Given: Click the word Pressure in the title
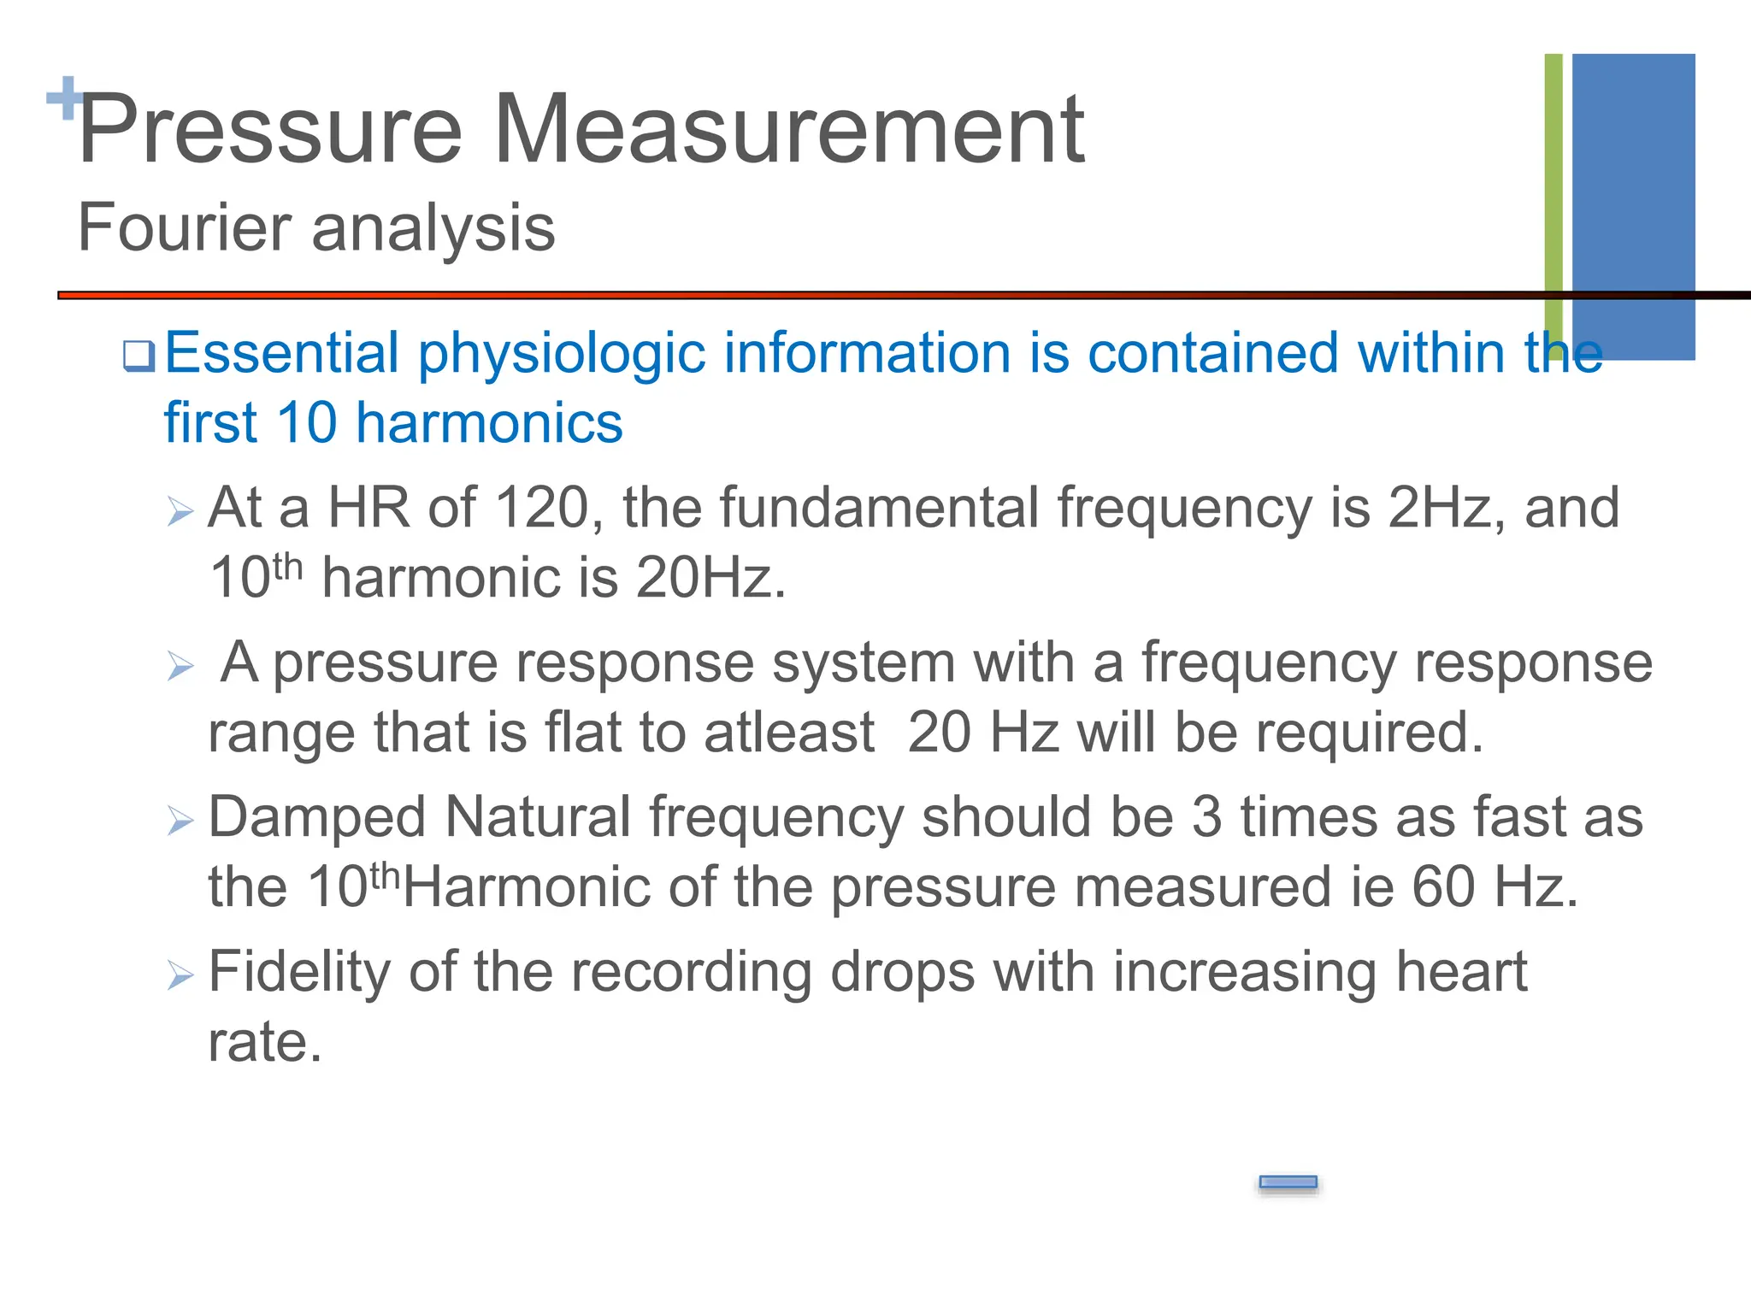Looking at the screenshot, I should pyautogui.click(x=270, y=130).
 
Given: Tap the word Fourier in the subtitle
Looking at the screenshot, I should pyautogui.click(x=185, y=228).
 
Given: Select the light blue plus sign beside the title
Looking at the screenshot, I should pyautogui.click(x=63, y=98).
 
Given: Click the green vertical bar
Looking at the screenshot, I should pyautogui.click(x=1553, y=197).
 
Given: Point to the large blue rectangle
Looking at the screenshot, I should pyautogui.click(x=1633, y=205).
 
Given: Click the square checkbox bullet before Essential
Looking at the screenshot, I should pyautogui.click(x=139, y=356).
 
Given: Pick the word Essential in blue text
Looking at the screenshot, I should pyautogui.click(x=282, y=353).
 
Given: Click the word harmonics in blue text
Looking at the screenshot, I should pyautogui.click(x=489, y=423).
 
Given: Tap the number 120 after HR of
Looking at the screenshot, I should pyautogui.click(x=542, y=508).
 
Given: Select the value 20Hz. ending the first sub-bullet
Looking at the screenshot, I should pyautogui.click(x=710, y=578).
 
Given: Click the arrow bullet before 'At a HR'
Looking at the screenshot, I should pyautogui.click(x=180, y=511).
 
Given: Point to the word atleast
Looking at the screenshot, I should pyautogui.click(x=789, y=733).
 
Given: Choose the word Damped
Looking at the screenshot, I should pyautogui.click(x=316, y=817).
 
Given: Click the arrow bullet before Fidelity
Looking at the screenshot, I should pyautogui.click(x=180, y=974).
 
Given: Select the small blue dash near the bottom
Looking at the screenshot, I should pyautogui.click(x=1288, y=1182).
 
